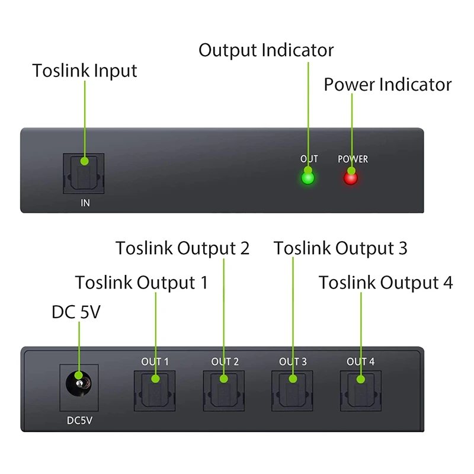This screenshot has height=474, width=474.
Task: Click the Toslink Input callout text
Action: click(85, 71)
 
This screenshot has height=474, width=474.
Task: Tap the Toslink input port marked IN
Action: click(84, 173)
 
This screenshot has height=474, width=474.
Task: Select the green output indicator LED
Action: click(308, 177)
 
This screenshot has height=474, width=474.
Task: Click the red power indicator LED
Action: click(351, 177)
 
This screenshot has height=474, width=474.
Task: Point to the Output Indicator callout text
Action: click(266, 50)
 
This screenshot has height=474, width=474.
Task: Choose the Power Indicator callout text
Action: click(387, 84)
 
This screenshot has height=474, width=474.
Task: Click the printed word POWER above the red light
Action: click(353, 159)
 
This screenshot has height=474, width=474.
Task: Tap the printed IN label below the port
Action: click(85, 203)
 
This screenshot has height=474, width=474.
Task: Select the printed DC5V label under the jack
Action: click(79, 421)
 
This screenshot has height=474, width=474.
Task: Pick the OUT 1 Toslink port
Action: click(155, 389)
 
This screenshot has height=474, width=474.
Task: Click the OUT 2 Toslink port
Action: click(224, 389)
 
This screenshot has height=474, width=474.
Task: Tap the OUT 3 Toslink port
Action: click(293, 389)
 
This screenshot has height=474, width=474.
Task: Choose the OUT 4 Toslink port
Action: click(361, 389)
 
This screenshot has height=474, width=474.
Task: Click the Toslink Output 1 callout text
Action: click(142, 282)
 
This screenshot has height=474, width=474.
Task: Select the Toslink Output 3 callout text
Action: click(341, 248)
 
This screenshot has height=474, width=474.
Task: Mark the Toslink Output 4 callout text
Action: click(386, 282)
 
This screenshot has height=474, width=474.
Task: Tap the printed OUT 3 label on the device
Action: click(293, 361)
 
